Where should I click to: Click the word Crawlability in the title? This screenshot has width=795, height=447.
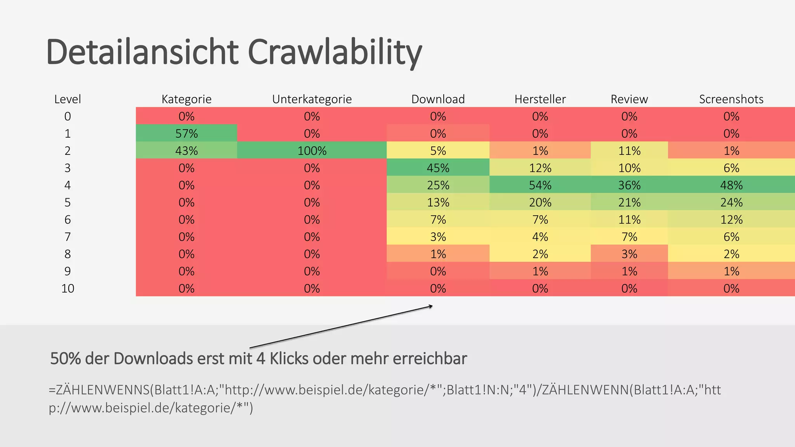point(334,52)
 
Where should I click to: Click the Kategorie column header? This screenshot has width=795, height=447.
point(186,99)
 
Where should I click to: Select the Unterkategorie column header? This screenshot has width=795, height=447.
point(312,99)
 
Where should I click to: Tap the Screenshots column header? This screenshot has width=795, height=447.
point(731,99)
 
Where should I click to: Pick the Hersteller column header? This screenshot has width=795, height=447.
point(540,99)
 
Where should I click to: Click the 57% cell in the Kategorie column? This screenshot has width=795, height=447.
point(186,133)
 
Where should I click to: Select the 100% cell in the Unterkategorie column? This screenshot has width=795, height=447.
point(312,151)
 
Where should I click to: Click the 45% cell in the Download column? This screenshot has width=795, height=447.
point(438,168)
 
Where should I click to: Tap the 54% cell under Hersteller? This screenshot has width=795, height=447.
point(540,185)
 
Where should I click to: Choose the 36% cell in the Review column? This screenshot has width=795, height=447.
point(629,185)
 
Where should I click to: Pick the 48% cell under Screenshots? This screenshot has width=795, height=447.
point(731,185)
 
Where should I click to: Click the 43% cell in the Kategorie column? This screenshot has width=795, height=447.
point(186,151)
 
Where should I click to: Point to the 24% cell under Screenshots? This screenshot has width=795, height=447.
point(731,202)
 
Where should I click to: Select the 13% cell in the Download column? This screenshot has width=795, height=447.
point(438,202)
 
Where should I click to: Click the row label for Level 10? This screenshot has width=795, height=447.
point(68,288)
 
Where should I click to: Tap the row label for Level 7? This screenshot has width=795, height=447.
point(68,237)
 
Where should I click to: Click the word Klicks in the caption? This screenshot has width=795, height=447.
point(289,359)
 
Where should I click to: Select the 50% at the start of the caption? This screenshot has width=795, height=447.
point(66,359)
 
